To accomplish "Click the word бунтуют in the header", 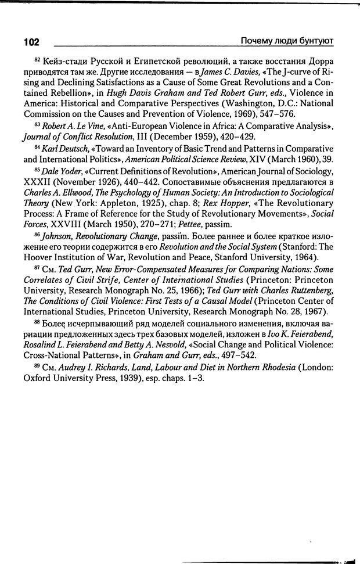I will point(316,41).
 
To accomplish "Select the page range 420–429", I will point(230,136).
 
